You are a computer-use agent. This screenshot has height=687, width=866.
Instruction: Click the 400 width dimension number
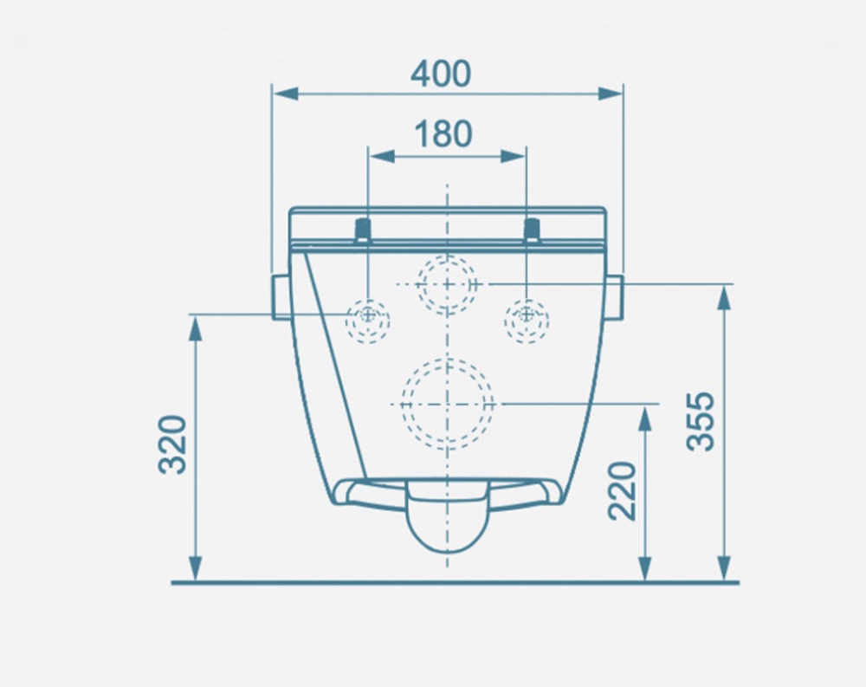pos(441,74)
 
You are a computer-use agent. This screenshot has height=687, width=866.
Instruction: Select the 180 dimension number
pos(443,133)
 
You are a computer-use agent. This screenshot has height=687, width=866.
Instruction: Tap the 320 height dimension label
pos(173,444)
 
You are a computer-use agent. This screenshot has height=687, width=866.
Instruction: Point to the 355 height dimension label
pos(701,421)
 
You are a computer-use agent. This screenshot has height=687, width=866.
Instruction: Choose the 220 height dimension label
pos(623,491)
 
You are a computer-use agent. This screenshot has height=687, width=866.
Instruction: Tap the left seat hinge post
pos(362,230)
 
